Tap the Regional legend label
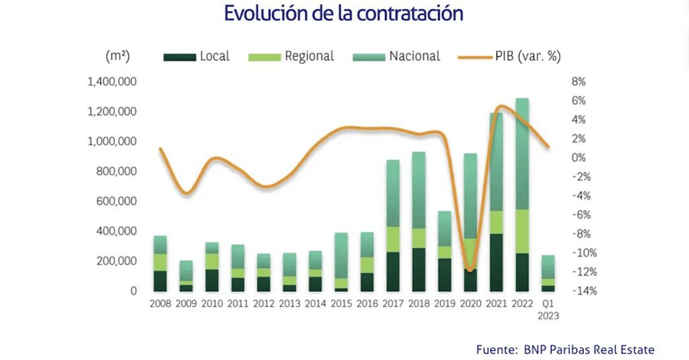click(x=309, y=57)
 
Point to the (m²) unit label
click(x=118, y=57)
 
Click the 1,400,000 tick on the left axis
click(x=112, y=82)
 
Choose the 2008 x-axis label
click(x=159, y=304)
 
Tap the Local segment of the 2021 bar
click(x=497, y=262)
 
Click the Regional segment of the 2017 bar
click(x=393, y=240)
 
